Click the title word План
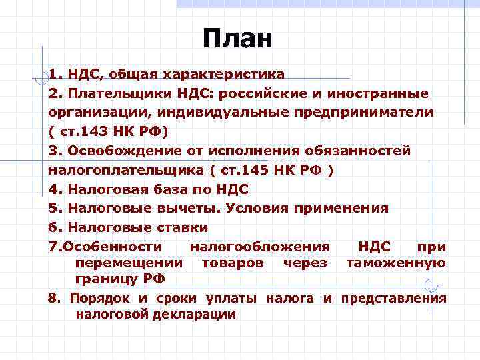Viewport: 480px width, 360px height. tap(238, 39)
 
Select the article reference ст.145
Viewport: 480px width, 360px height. tap(246, 169)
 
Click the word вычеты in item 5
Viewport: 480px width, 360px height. tap(189, 208)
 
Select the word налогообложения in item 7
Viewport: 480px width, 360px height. tap(259, 247)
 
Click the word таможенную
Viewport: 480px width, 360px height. tap(395, 263)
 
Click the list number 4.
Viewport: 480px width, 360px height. tap(53, 189)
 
